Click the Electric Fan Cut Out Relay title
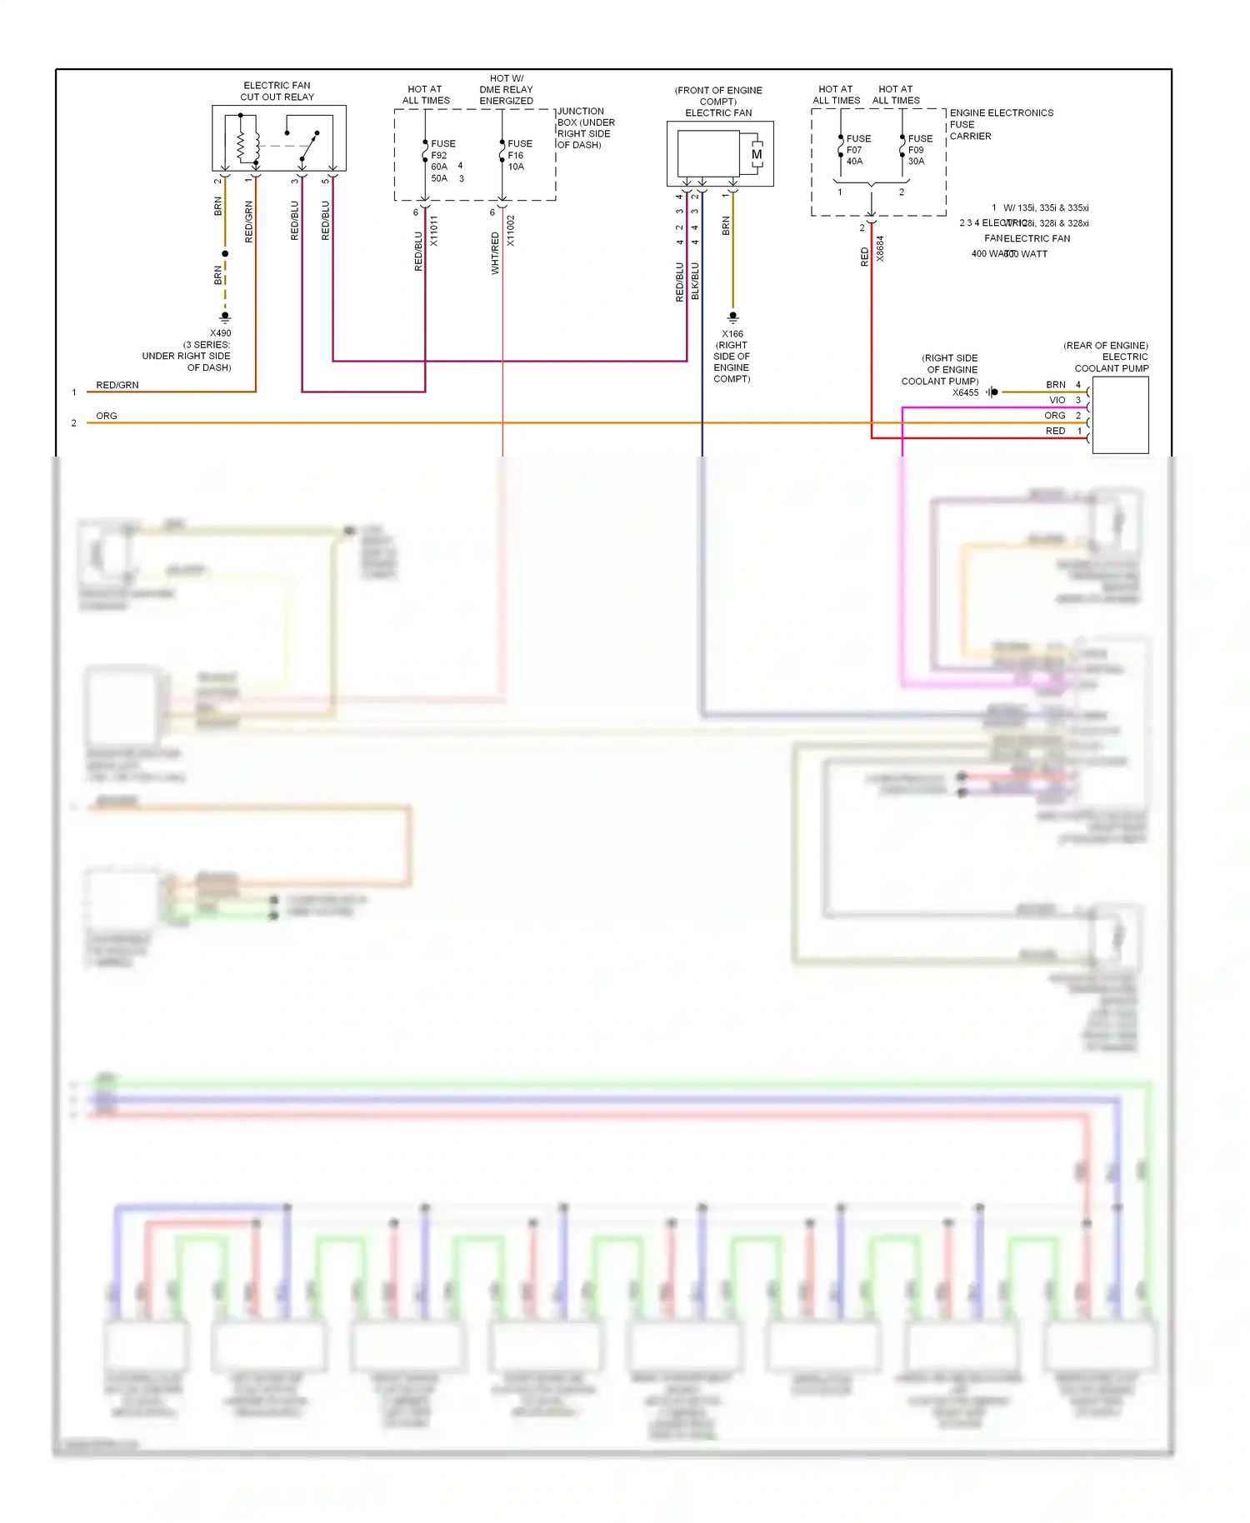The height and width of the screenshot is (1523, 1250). click(277, 91)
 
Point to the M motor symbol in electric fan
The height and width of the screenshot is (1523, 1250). click(756, 154)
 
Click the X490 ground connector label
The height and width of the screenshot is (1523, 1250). click(220, 333)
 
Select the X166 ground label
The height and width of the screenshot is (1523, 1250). click(732, 334)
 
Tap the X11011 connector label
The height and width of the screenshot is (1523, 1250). click(434, 231)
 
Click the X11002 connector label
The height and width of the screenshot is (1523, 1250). click(511, 231)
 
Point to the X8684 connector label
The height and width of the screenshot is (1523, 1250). click(880, 249)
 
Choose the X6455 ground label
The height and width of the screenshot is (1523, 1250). click(965, 392)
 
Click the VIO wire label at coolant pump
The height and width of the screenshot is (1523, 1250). click(1057, 400)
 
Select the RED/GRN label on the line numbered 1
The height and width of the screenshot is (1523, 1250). click(117, 385)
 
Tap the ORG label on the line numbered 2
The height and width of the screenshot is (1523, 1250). click(107, 416)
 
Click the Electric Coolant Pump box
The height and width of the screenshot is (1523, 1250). click(1119, 415)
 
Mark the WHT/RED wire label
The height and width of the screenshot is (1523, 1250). click(496, 253)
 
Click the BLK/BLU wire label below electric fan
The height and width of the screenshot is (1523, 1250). click(695, 281)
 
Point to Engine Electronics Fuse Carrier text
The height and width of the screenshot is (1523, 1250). click(1000, 124)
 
